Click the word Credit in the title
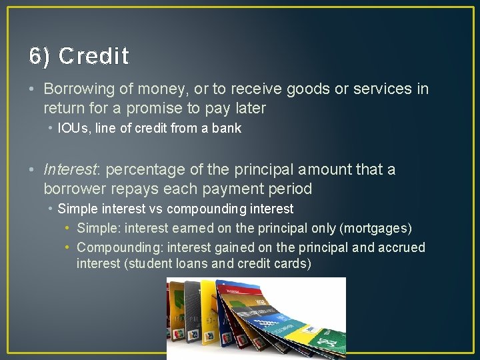pyautogui.click(x=93, y=56)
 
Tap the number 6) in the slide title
pyautogui.click(x=39, y=56)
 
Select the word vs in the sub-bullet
pyautogui.click(x=156, y=209)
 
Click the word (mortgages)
pyautogui.click(x=375, y=229)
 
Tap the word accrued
pyautogui.click(x=401, y=248)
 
